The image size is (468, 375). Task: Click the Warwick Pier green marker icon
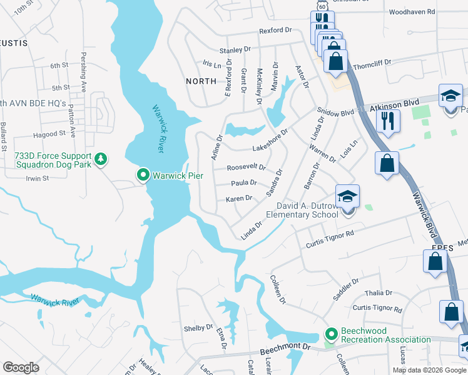click(x=143, y=175)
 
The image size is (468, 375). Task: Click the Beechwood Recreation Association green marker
click(x=330, y=331)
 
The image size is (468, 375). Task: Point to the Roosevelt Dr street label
click(x=246, y=167)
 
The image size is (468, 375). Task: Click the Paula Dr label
click(x=244, y=183)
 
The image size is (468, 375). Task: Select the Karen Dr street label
click(x=238, y=198)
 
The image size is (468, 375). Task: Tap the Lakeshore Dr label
click(x=270, y=141)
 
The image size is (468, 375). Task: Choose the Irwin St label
click(x=38, y=178)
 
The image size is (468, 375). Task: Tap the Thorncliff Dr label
click(x=372, y=62)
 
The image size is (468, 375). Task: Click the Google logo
click(x=21, y=367)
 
